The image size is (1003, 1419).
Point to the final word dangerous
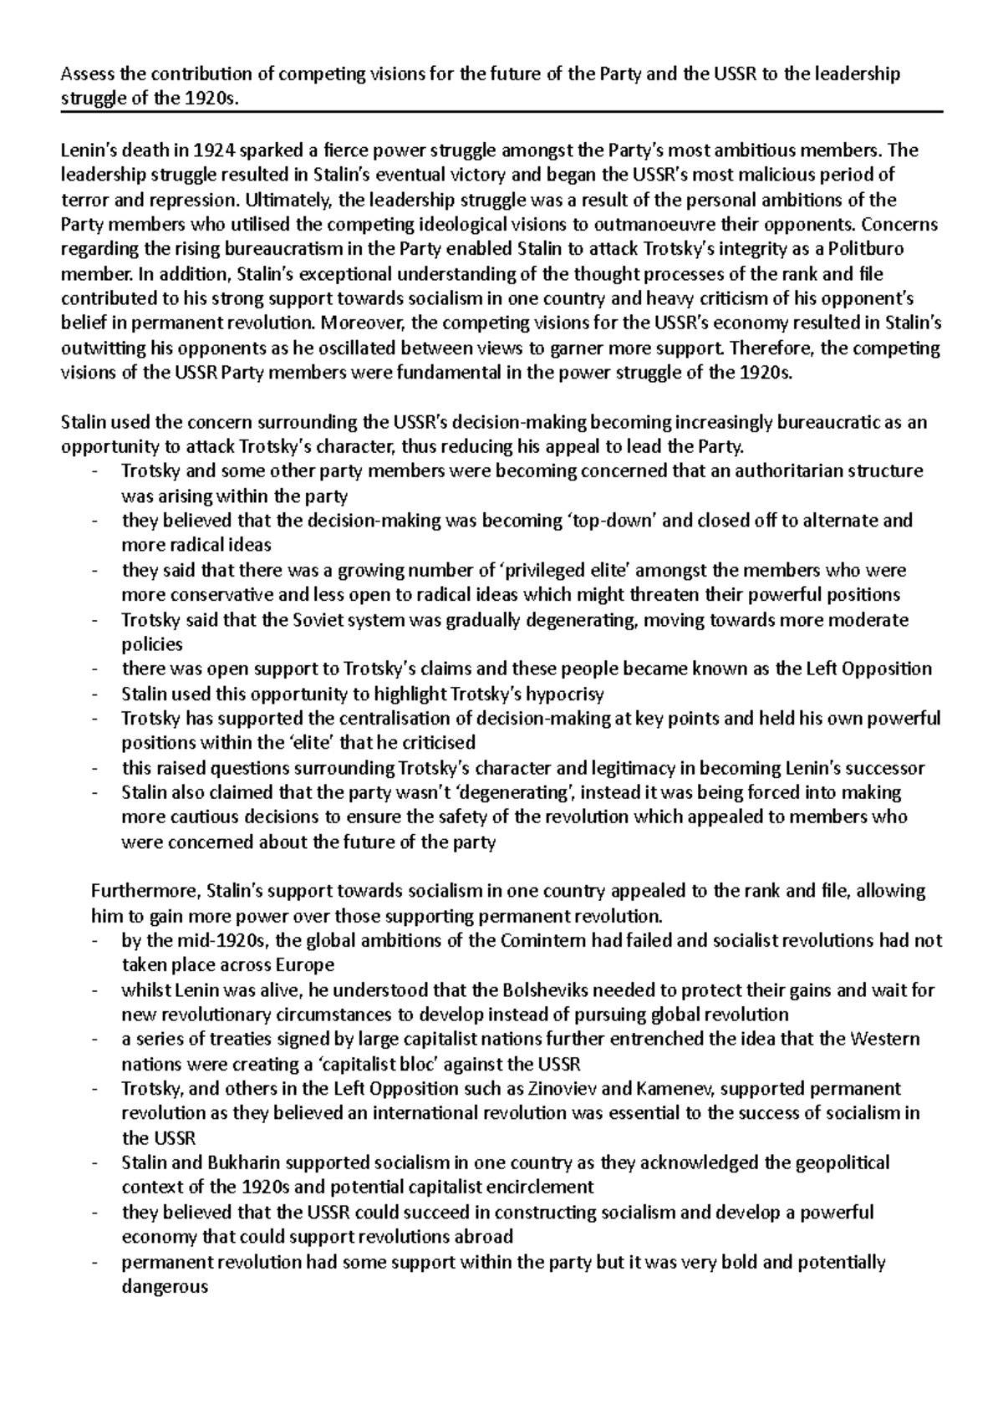coord(165,1287)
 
